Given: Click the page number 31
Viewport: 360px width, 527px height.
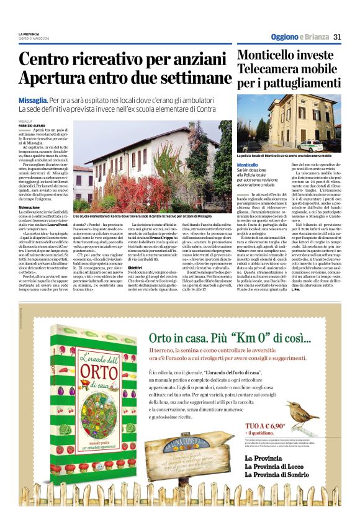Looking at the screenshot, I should tap(337, 37).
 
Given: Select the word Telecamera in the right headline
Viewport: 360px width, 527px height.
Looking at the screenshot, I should tap(269, 69).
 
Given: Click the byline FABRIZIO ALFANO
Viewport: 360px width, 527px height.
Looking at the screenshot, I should tap(31, 127).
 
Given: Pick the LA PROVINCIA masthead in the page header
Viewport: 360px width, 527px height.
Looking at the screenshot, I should tap(29, 34).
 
